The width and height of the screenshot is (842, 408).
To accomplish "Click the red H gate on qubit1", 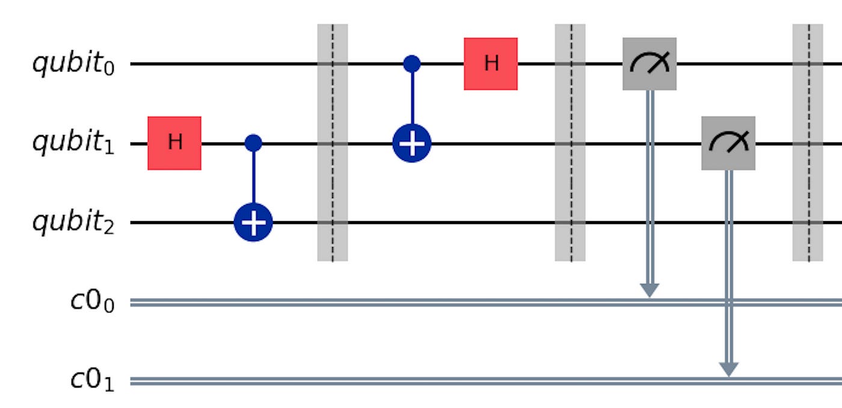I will coord(174,143).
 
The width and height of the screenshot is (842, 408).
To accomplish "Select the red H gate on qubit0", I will coord(490,64).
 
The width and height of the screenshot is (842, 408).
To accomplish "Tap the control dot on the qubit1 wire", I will coord(253,143).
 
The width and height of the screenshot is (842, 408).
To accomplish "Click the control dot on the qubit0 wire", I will coord(411,63).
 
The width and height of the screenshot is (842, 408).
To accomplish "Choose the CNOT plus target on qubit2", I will coord(253,223).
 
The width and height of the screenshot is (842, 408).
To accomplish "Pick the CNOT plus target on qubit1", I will coord(411,144).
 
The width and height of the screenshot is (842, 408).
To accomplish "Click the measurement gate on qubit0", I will coord(649,64).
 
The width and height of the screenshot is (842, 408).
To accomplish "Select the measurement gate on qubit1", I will coord(728,143).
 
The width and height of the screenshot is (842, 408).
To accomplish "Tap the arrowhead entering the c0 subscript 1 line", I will coord(728,369).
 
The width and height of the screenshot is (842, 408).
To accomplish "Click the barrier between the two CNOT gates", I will coord(333,143).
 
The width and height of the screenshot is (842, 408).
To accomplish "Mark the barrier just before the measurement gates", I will coord(570,143).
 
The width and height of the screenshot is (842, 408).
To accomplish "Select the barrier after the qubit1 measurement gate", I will coord(807,143).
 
